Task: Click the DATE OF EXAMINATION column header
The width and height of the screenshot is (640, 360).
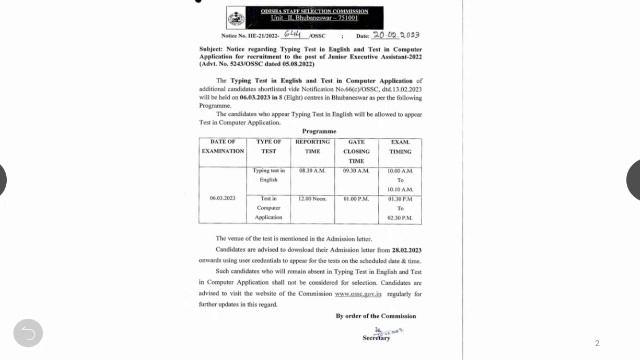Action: [223, 147]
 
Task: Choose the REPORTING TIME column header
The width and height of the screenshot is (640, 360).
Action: [313, 147]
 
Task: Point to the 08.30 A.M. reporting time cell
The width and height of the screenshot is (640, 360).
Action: [313, 171]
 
